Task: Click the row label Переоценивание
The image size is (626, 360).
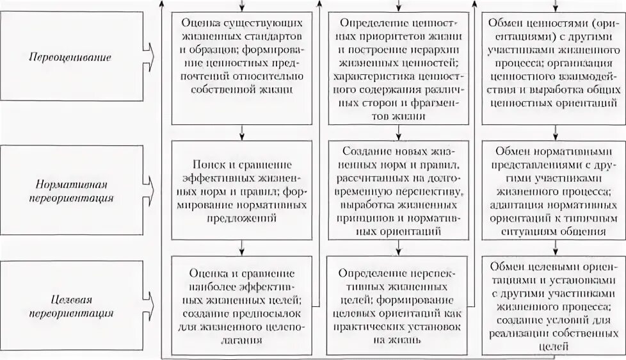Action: point(70,57)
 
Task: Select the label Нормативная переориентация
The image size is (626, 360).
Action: point(70,190)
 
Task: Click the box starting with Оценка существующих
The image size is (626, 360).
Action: point(241,57)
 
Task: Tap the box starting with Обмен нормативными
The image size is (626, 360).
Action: point(554,190)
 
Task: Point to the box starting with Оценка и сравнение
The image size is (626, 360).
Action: point(241,300)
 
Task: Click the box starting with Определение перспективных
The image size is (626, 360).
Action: point(397,304)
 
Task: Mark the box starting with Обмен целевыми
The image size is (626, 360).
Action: point(554,304)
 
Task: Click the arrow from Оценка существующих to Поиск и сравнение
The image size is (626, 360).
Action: point(241,131)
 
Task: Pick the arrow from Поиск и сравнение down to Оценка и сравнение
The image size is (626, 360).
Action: point(241,247)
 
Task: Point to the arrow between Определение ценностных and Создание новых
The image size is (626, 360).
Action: point(397,132)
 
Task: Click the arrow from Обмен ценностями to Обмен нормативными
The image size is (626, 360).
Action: point(554,133)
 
